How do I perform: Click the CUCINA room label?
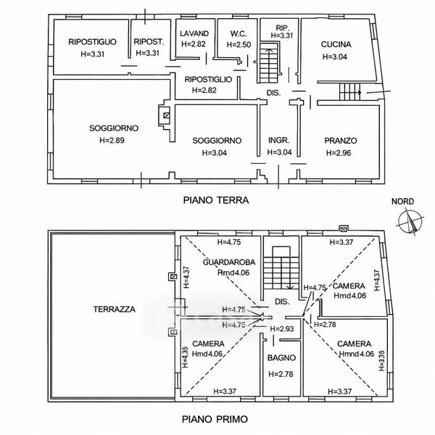[x=336, y=44]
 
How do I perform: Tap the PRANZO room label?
[x=341, y=141]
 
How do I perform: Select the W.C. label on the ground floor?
[x=239, y=34]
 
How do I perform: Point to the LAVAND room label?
[x=194, y=33]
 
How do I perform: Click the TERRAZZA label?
[x=115, y=310]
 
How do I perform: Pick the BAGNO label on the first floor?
[x=281, y=358]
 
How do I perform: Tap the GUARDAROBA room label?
[x=229, y=262]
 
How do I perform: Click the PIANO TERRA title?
[x=216, y=200]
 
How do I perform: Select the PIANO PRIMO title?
[x=215, y=419]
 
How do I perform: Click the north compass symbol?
[x=410, y=223]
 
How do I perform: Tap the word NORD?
[x=402, y=202]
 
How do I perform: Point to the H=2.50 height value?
[x=239, y=45]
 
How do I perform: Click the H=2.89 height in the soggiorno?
[x=112, y=141]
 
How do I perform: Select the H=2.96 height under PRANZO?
[x=339, y=153]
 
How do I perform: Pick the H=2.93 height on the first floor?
[x=282, y=329]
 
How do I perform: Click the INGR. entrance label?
[x=279, y=141]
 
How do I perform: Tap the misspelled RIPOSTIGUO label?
[x=92, y=42]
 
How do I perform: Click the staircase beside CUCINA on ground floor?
[x=350, y=92]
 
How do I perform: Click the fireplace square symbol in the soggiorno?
[x=166, y=115]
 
